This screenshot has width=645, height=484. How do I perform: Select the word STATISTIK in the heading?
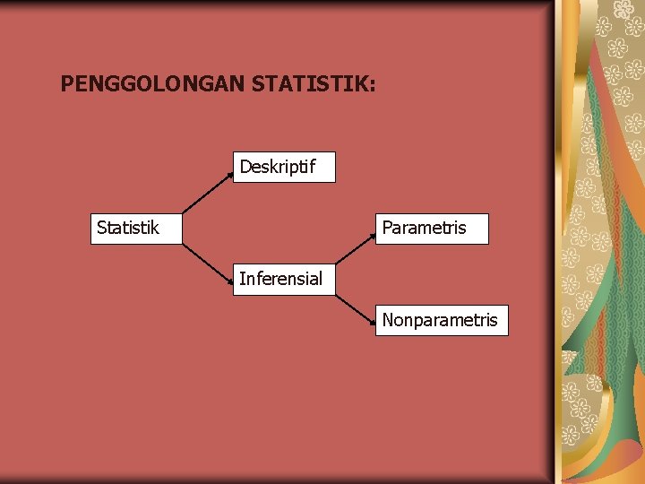[308, 85]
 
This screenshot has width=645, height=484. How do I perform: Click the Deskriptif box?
[284, 167]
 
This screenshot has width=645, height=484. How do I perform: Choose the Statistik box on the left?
[137, 229]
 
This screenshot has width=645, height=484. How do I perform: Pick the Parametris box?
[432, 229]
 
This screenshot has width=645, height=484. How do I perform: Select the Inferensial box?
[284, 279]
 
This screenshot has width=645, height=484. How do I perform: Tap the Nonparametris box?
[441, 320]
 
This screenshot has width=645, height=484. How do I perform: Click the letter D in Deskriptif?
[245, 167]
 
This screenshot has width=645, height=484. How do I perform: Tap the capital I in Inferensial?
[242, 279]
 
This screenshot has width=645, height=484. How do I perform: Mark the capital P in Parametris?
[387, 229]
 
